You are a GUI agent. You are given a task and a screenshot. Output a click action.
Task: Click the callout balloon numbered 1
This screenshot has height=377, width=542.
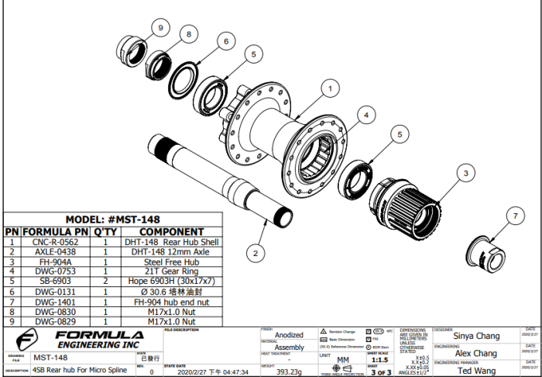(330, 88)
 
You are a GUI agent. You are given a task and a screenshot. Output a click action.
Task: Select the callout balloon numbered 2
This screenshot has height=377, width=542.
(256, 252)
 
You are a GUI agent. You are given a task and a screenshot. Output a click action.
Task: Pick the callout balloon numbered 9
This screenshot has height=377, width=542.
(161, 28)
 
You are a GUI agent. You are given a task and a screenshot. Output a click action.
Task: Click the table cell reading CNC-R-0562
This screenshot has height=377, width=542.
(55, 241)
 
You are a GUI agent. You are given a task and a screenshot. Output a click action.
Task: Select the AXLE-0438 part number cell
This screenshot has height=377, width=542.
(55, 251)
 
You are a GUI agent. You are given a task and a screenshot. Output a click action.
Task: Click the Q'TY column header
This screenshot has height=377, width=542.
(105, 231)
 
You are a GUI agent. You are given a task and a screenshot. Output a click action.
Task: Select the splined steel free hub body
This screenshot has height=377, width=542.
(406, 203)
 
